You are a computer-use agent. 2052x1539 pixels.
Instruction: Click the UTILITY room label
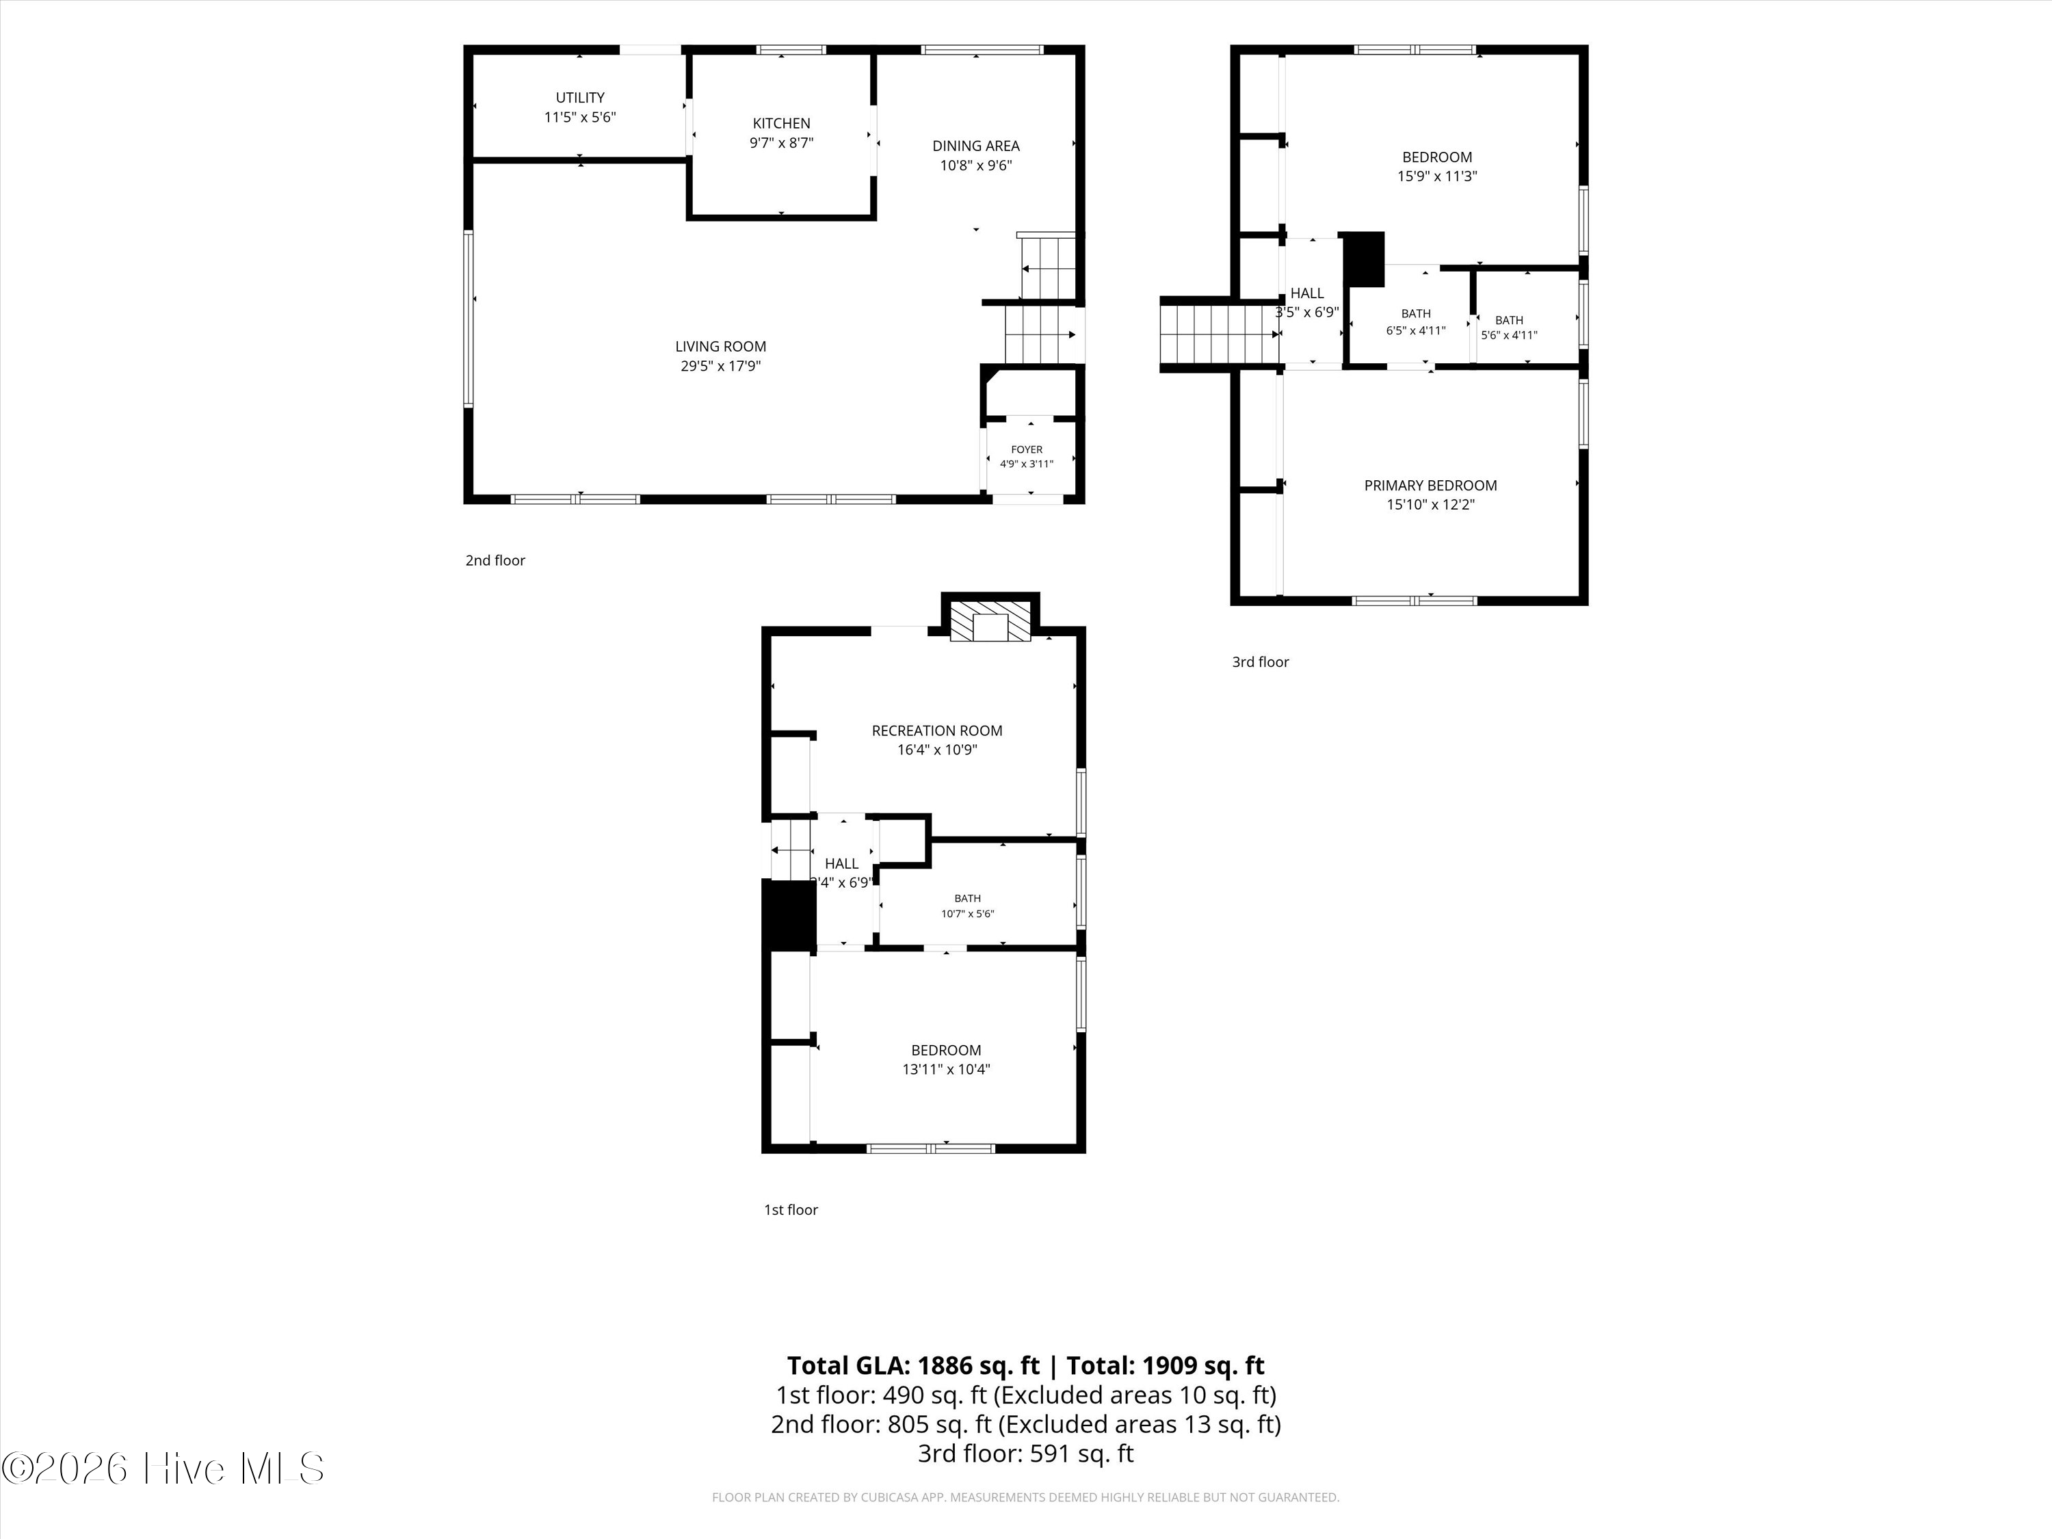pyautogui.click(x=580, y=97)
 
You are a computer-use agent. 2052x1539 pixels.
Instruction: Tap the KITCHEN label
pyautogui.click(x=781, y=123)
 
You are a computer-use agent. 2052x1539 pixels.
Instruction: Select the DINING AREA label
pyautogui.click(x=976, y=146)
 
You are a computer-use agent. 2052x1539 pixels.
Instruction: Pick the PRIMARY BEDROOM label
pyautogui.click(x=1430, y=485)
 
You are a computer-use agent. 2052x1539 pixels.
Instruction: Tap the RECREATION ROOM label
pyautogui.click(x=937, y=731)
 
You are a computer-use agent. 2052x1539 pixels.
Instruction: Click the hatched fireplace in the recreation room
pyautogui.click(x=990, y=622)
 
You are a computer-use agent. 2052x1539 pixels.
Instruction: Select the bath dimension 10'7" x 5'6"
pyautogui.click(x=968, y=914)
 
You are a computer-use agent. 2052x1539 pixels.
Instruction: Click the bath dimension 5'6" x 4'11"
pyautogui.click(x=1510, y=336)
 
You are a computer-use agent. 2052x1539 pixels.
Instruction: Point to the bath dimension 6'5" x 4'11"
pyautogui.click(x=1416, y=330)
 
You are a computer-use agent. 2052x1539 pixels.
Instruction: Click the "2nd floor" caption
pyautogui.click(x=495, y=560)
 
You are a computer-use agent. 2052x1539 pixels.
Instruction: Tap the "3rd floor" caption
pyautogui.click(x=1261, y=661)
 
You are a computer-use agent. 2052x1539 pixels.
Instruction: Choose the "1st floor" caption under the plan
pyautogui.click(x=791, y=1210)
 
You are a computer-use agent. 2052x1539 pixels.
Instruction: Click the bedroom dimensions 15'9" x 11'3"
pyautogui.click(x=1437, y=176)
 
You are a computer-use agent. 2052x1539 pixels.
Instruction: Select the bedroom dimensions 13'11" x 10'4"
pyautogui.click(x=946, y=1070)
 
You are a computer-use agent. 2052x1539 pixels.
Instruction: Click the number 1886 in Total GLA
pyautogui.click(x=946, y=1365)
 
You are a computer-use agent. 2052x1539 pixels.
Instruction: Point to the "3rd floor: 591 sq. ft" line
pyautogui.click(x=1026, y=1453)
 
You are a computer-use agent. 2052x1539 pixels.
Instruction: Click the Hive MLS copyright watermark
pyautogui.click(x=163, y=1469)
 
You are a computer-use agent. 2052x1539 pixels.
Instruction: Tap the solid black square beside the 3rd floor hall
pyautogui.click(x=1365, y=259)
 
